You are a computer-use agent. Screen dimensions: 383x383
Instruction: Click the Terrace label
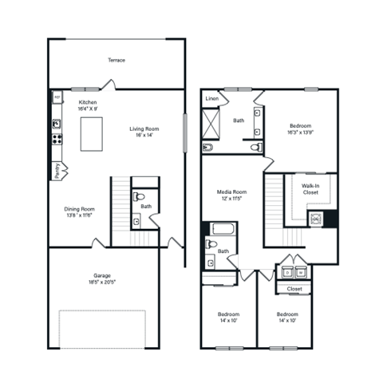click(116, 60)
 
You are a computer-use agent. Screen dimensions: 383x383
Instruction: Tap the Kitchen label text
click(88, 103)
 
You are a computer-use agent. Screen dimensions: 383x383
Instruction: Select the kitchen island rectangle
click(94, 137)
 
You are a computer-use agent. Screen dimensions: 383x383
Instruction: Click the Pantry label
click(58, 169)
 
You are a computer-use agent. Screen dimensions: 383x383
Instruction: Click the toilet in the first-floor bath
click(140, 196)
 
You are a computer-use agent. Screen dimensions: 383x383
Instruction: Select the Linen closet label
click(212, 99)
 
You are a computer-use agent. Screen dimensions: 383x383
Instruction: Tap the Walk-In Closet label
click(311, 189)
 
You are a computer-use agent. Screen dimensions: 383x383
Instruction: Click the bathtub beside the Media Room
click(219, 230)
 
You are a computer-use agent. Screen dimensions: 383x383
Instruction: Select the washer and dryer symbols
click(294, 272)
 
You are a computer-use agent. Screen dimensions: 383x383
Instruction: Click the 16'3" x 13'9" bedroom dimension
click(301, 133)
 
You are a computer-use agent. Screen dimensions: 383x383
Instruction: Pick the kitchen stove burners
click(57, 138)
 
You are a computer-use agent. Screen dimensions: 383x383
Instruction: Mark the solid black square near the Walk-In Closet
click(331, 217)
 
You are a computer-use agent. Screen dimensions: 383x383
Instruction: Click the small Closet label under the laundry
click(294, 289)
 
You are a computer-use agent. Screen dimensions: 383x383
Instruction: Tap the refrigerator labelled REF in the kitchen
click(57, 97)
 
